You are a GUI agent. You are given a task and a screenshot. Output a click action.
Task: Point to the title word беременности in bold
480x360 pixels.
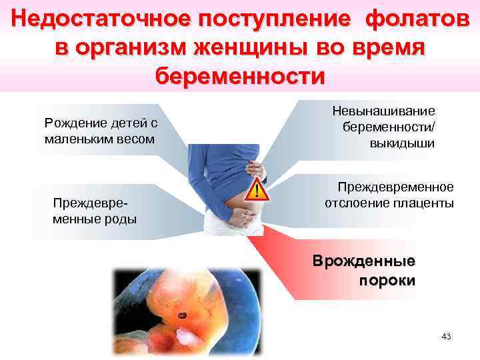point(240,75)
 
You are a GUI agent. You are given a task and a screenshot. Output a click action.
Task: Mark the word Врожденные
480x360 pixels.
point(364,261)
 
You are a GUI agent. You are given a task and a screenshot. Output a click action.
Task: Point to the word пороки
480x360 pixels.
point(387,279)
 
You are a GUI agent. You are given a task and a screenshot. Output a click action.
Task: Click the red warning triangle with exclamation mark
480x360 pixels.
point(255,191)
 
